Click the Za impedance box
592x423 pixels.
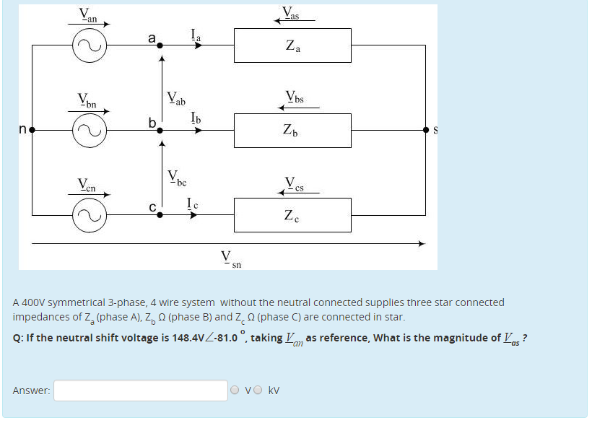coord(292,45)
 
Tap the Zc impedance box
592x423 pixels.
coord(292,214)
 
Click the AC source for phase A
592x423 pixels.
coord(90,45)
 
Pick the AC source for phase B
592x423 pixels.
coord(90,131)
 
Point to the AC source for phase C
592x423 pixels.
coord(90,215)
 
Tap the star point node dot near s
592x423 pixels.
coord(427,131)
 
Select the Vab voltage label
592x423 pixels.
coord(175,97)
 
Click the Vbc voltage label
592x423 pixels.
coord(176,176)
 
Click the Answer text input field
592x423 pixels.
coord(141,391)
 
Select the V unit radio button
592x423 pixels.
coord(236,391)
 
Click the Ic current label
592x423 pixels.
coord(193,202)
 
